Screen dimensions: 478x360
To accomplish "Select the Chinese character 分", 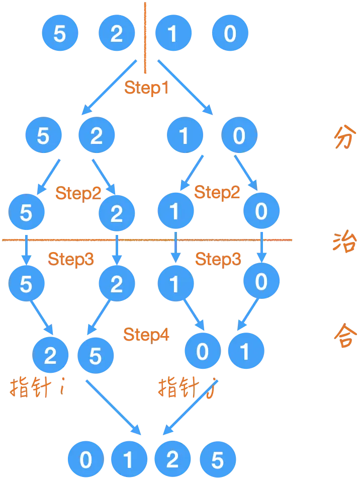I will click(344, 137).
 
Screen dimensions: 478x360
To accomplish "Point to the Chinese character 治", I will click(344, 243).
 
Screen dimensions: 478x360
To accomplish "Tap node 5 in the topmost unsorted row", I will click(59, 34).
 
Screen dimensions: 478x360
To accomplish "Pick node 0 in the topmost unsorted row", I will click(230, 34).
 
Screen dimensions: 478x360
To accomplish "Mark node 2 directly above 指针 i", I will click(50, 355).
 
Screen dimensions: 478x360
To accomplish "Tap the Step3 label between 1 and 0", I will click(218, 259).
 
